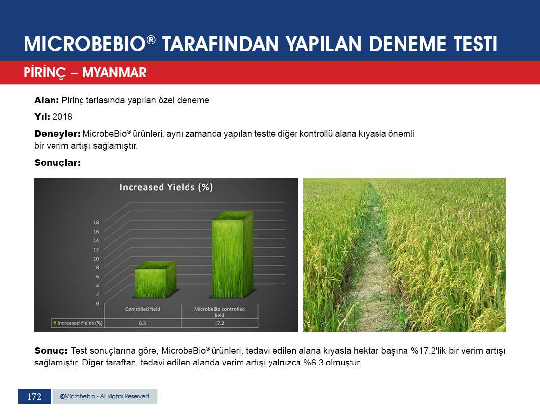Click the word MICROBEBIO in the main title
(x=84, y=44)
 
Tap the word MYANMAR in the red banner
(x=115, y=73)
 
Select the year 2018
(x=62, y=117)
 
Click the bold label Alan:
(x=47, y=100)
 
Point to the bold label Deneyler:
(x=57, y=134)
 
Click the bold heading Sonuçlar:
(x=57, y=163)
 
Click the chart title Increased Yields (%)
(x=166, y=187)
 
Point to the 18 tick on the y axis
(x=96, y=222)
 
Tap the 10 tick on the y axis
(x=96, y=259)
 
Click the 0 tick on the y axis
(x=98, y=304)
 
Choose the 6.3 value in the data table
(x=142, y=323)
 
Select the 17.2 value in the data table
(x=219, y=323)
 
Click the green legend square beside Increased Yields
(x=55, y=323)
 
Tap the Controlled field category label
(x=142, y=309)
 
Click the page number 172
(x=34, y=397)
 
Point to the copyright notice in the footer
(x=105, y=396)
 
